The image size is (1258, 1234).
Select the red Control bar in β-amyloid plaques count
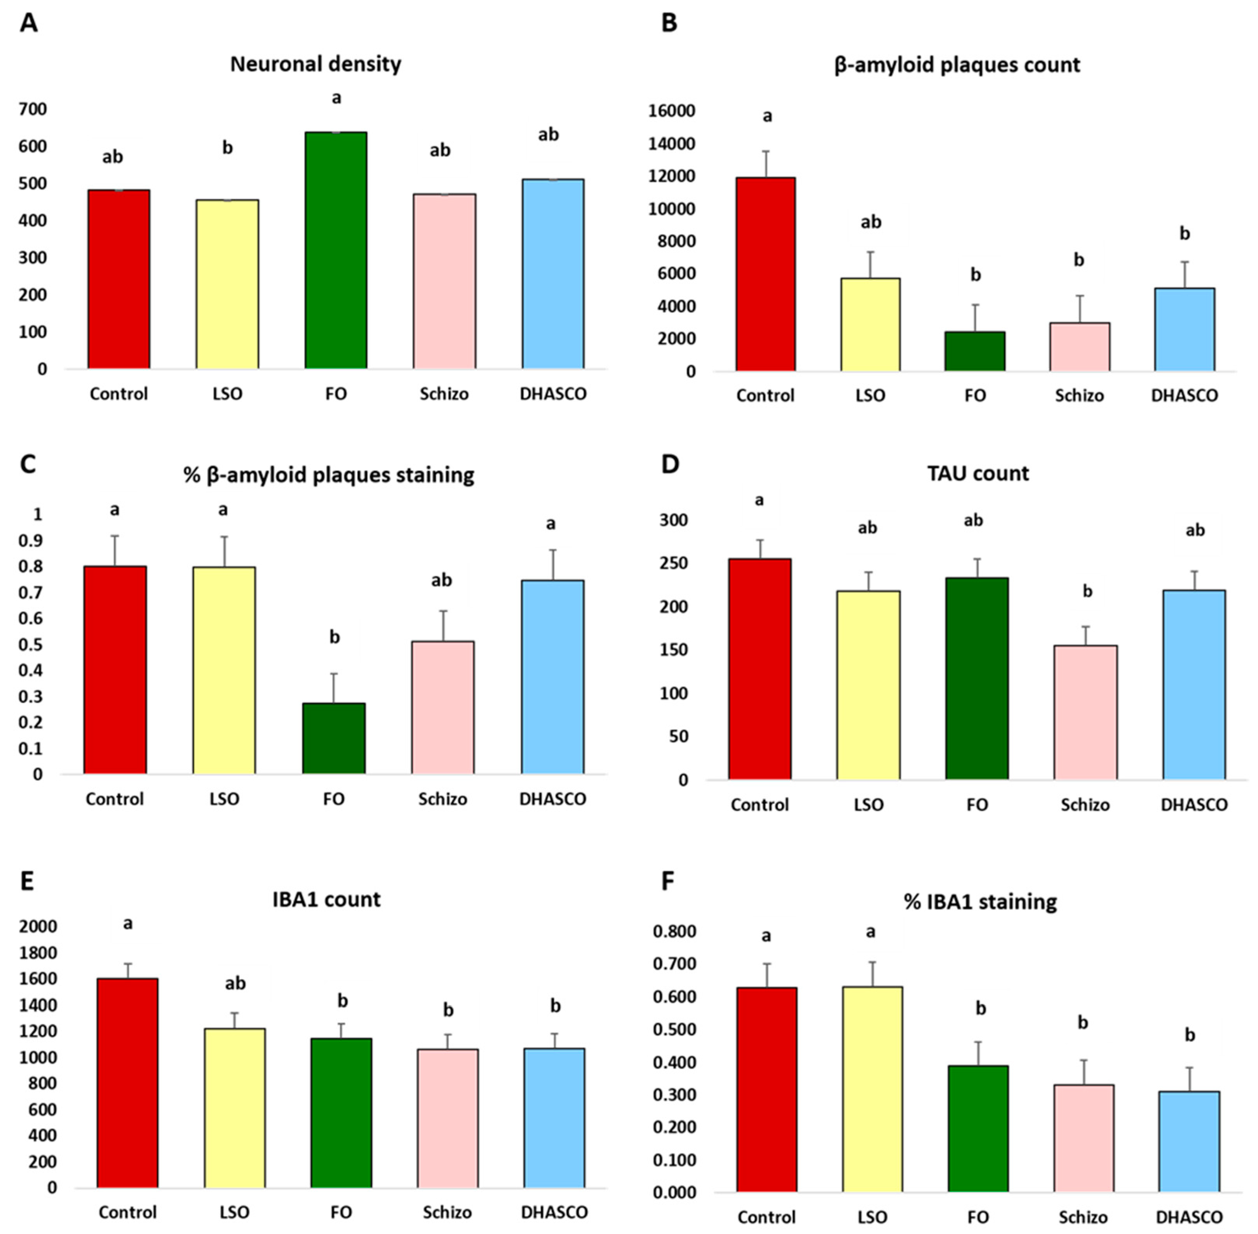tap(765, 274)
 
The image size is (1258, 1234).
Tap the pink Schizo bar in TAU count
tap(1085, 712)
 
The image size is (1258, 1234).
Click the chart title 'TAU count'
tap(977, 474)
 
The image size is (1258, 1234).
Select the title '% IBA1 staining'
tap(980, 902)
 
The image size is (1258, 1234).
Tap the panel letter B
tap(669, 23)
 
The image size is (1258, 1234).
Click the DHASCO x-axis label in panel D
tap(1194, 805)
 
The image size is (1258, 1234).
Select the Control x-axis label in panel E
tap(128, 1212)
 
